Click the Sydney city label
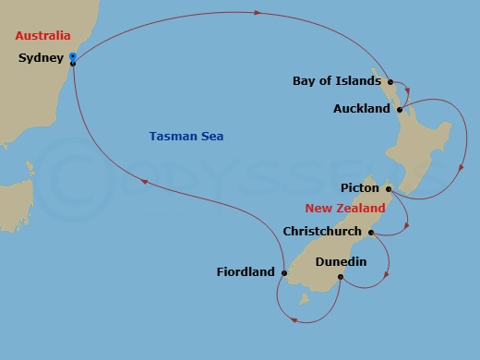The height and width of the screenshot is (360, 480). pos(41,58)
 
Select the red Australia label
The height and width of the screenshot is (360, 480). pos(42,36)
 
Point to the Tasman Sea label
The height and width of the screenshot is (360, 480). pos(186,137)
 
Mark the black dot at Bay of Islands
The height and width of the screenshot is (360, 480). pos(390,81)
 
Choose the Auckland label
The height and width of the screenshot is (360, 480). pos(362,109)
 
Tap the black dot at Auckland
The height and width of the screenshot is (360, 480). pos(399,109)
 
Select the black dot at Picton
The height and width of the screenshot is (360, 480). pos(389,189)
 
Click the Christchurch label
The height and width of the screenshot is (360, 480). pos(324,231)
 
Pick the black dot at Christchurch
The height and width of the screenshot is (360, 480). pos(370,232)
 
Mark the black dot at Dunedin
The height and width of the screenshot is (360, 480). pos(341,277)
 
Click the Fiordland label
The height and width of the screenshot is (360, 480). pos(246,271)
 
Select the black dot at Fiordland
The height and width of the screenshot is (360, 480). pos(284,271)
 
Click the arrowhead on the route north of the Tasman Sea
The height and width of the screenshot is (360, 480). pos(257,13)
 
